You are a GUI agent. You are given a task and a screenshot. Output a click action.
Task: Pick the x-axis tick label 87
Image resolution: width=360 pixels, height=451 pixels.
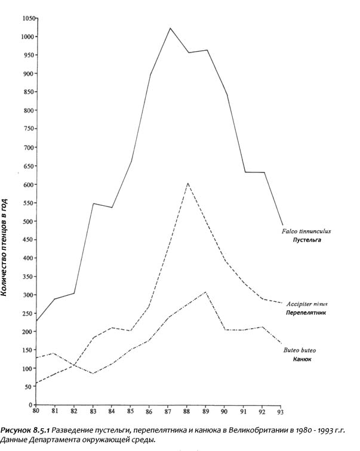click(170, 412)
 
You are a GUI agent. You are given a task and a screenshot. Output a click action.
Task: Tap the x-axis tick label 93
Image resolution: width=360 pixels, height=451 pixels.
click(282, 412)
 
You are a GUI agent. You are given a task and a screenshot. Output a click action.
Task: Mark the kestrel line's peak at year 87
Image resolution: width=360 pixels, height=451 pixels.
click(170, 27)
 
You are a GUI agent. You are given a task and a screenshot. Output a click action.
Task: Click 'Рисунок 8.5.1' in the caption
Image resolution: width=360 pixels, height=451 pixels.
click(25, 430)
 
